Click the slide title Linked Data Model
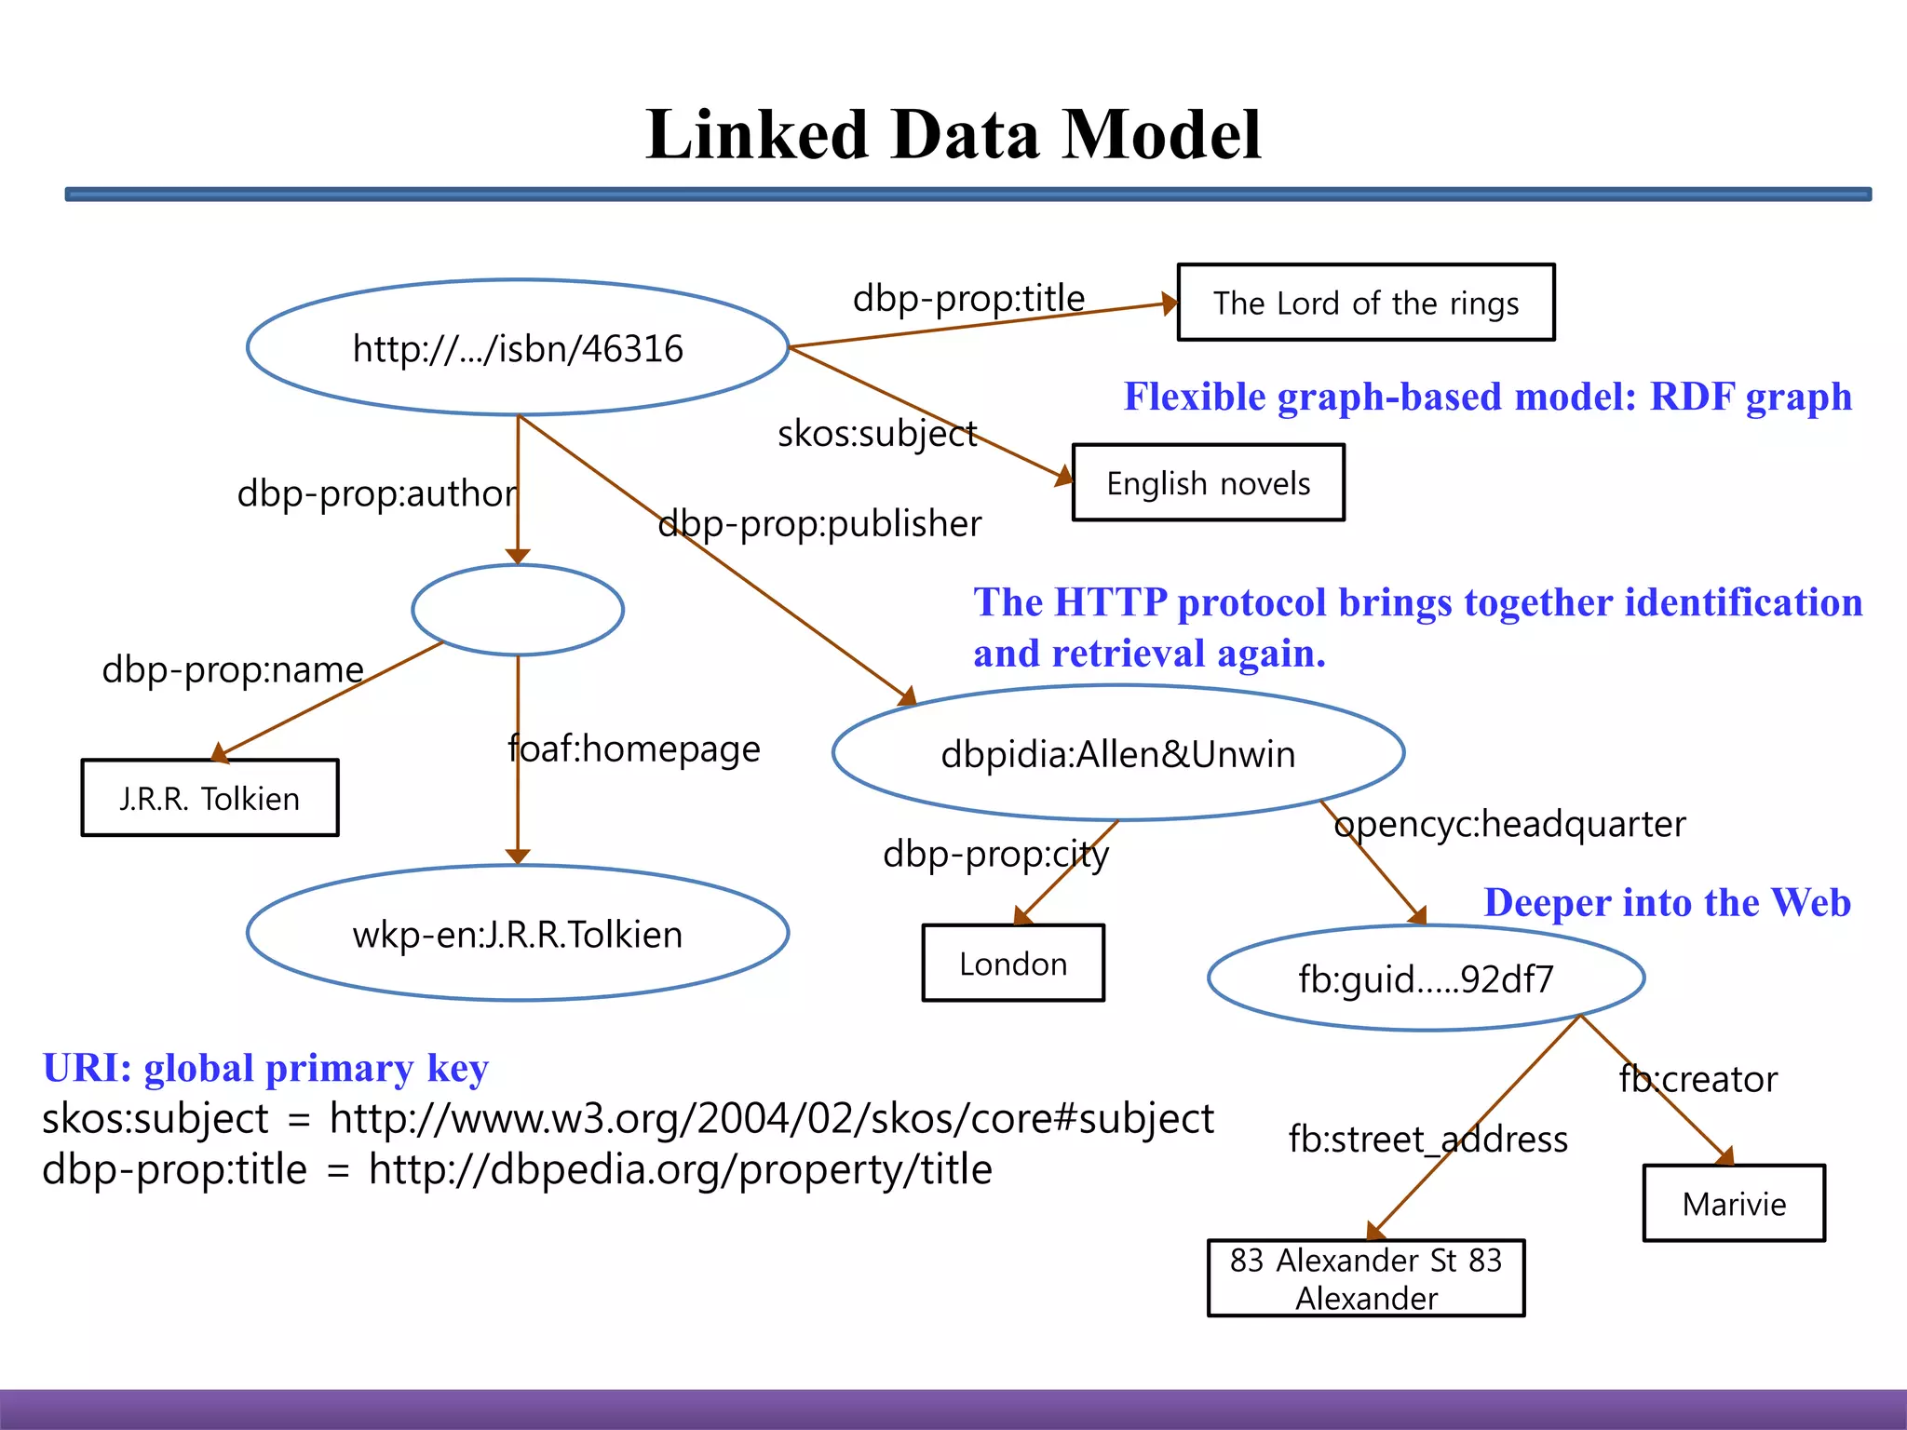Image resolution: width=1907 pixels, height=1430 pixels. (x=953, y=135)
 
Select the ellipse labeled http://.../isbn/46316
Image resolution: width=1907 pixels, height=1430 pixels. (x=518, y=348)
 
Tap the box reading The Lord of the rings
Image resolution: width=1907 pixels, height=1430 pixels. (x=1365, y=303)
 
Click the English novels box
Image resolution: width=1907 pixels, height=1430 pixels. (x=1208, y=483)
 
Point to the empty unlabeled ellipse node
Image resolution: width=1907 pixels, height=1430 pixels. (x=518, y=610)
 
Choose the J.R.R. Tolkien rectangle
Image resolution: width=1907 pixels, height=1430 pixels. (x=210, y=798)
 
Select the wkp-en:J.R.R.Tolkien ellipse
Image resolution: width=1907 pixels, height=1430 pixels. (x=518, y=934)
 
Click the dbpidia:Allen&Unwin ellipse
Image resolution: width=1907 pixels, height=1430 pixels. (x=1117, y=753)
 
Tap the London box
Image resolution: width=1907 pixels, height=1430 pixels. (x=1013, y=964)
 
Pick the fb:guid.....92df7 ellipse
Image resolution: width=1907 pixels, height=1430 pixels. (x=1426, y=978)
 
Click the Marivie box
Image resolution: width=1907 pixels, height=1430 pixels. (x=1734, y=1204)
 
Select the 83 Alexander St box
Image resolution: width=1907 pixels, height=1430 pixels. (x=1366, y=1278)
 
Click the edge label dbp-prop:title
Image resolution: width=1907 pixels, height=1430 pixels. (x=968, y=298)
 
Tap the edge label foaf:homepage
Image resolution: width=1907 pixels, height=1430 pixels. (x=634, y=749)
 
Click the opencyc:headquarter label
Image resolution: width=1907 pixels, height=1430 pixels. (x=1509, y=824)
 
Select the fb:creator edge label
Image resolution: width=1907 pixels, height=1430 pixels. (x=1698, y=1079)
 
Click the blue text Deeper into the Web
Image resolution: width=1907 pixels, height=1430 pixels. (x=1667, y=902)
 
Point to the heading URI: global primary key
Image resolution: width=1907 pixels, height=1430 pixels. (x=265, y=1068)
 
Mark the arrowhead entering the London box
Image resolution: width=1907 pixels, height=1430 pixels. (x=1022, y=916)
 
